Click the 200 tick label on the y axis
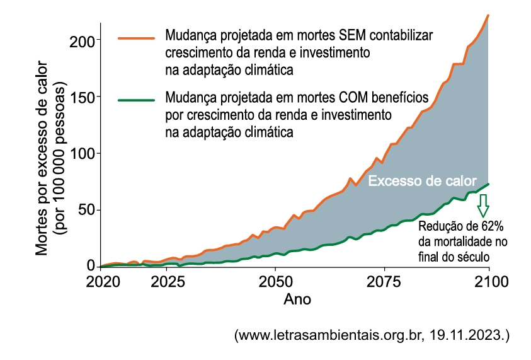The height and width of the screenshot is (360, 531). [84, 40]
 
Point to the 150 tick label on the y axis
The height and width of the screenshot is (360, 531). [84, 97]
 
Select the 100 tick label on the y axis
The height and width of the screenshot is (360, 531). [84, 154]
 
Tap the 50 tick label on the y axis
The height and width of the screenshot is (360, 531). [88, 210]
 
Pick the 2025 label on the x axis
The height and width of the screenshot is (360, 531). [167, 281]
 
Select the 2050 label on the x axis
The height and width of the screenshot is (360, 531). [274, 281]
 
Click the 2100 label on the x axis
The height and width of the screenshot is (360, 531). [488, 281]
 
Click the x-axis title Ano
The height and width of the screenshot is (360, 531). [297, 299]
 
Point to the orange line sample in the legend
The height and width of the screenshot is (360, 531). [135, 38]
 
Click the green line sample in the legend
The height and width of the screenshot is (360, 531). [135, 100]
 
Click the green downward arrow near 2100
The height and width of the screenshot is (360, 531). [483, 204]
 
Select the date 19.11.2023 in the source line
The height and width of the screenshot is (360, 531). [471, 335]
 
